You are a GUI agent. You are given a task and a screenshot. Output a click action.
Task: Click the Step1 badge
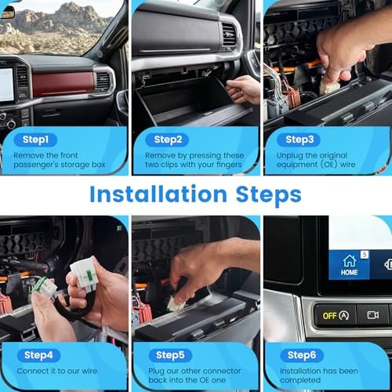35,140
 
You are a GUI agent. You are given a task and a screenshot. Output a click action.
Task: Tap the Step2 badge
167,140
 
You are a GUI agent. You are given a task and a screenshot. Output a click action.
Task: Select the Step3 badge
299,140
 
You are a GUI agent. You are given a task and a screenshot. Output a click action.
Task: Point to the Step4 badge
38,355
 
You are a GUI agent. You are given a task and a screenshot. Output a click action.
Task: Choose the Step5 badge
170,355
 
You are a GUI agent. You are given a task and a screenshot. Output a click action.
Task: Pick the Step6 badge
302,355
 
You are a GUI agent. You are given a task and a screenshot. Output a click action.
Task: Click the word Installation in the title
158,194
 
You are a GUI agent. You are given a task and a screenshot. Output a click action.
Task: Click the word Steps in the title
268,195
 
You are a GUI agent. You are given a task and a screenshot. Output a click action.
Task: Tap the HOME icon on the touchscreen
349,265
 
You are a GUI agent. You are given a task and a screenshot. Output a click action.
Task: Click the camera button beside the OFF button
373,315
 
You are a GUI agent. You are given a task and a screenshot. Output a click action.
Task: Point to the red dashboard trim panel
63,83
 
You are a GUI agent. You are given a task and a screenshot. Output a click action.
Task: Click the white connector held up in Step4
83,275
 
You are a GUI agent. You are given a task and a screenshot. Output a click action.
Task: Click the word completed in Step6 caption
300,380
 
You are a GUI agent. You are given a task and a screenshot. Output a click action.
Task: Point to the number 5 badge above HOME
365,255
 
